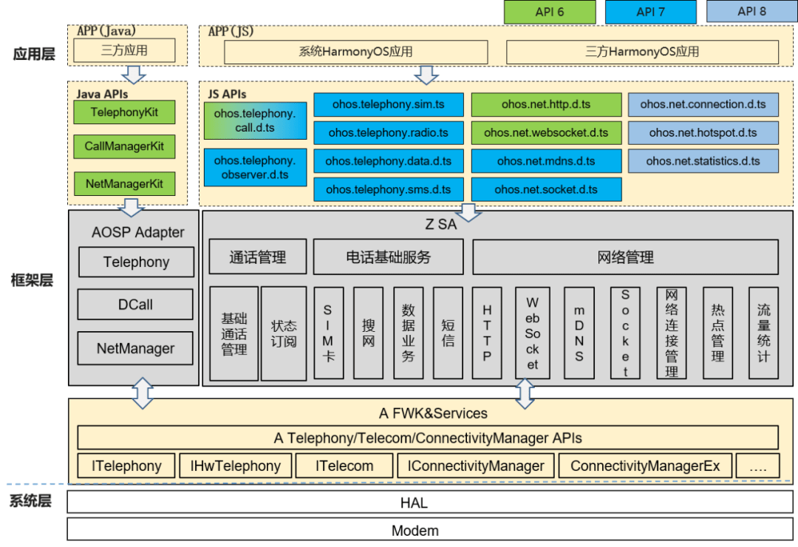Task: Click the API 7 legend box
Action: pyautogui.click(x=650, y=12)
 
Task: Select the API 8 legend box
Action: pyautogui.click(x=751, y=12)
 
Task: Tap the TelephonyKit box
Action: pyautogui.click(x=124, y=112)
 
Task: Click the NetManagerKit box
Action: pyautogui.click(x=124, y=183)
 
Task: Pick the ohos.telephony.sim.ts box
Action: pyautogui.click(x=388, y=104)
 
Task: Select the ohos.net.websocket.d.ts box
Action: pyautogui.click(x=546, y=132)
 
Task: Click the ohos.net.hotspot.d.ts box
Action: pyautogui.click(x=703, y=132)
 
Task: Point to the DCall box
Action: pyautogui.click(x=135, y=304)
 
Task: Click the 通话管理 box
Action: pyautogui.click(x=257, y=257)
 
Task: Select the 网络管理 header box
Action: pyautogui.click(x=625, y=257)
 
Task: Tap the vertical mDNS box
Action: pyautogui.click(x=579, y=333)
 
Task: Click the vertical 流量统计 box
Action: pyautogui.click(x=763, y=333)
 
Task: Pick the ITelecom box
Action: pyautogui.click(x=344, y=466)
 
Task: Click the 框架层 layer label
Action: pyautogui.click(x=33, y=280)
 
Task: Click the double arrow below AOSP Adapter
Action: pyautogui.click(x=142, y=393)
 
